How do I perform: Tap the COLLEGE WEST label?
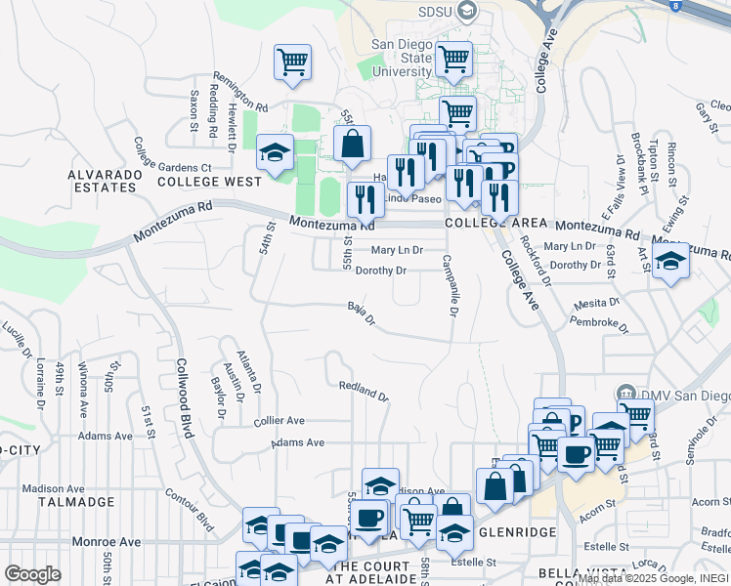pos(209,182)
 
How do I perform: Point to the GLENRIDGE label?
pos(518,532)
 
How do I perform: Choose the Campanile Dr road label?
pos(449,286)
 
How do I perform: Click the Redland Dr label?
pos(364,392)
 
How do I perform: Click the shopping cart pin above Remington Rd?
pos(292,63)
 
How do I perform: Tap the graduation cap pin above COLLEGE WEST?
pos(276,152)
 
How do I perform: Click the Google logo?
pos(32,574)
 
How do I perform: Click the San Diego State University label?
pos(403,59)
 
